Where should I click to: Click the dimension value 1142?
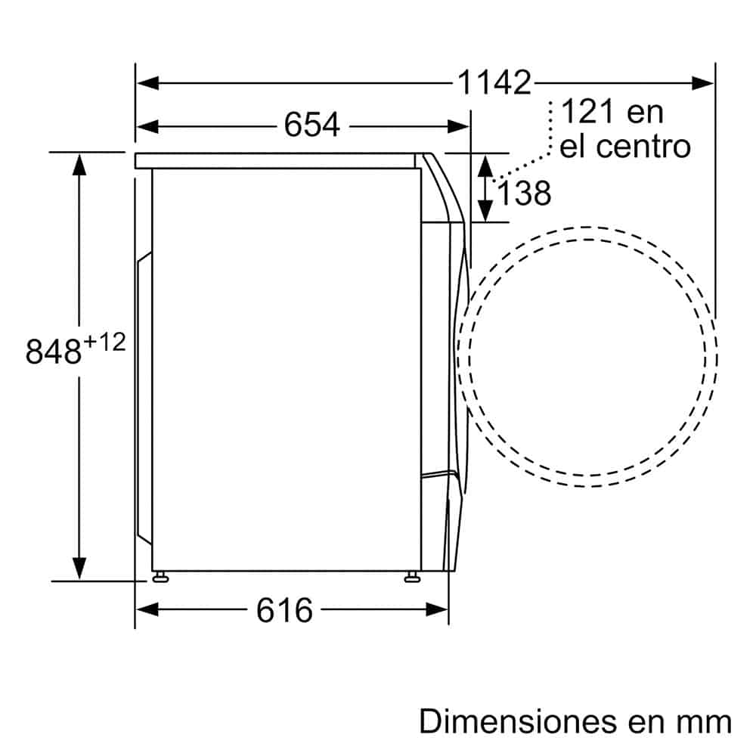tap(494, 82)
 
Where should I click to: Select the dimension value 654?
tap(311, 125)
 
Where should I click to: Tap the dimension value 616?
tap(284, 610)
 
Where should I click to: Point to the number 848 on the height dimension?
tap(53, 352)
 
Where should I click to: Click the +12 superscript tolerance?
tap(104, 342)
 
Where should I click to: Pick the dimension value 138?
tap(523, 194)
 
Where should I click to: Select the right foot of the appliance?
tap(412, 578)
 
